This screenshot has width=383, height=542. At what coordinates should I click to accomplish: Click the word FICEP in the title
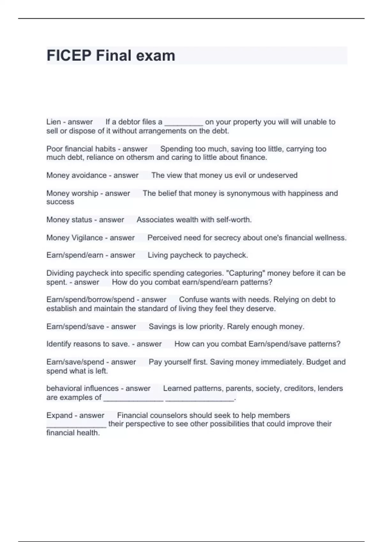coord(69,56)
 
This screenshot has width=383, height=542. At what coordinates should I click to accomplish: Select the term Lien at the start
coord(54,122)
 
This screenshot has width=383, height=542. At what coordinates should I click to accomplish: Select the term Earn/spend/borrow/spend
coord(90,300)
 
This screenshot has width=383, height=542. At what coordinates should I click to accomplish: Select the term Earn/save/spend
coord(75,362)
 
